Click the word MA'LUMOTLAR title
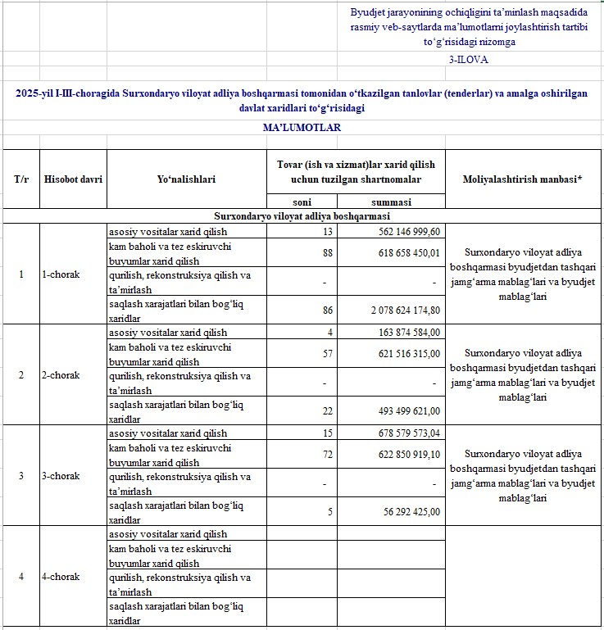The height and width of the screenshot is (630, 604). (x=302, y=128)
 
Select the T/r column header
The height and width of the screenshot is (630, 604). (x=21, y=179)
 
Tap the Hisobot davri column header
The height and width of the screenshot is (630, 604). (x=74, y=179)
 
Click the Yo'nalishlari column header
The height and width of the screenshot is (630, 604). (x=186, y=179)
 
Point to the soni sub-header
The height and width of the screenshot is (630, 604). (x=302, y=202)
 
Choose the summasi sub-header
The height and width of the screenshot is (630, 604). (x=391, y=202)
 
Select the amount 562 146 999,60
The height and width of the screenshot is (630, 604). (x=402, y=231)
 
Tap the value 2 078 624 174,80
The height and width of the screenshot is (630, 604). (x=393, y=310)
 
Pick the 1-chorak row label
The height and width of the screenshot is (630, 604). (x=61, y=274)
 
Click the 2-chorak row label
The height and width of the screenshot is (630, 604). (x=61, y=375)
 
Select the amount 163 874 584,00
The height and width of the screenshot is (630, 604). (x=402, y=333)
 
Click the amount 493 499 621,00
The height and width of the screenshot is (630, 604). (x=402, y=410)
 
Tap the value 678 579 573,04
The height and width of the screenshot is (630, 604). (x=402, y=433)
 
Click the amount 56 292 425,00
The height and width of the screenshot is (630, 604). (x=406, y=511)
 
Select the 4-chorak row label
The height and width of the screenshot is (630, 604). (x=61, y=577)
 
